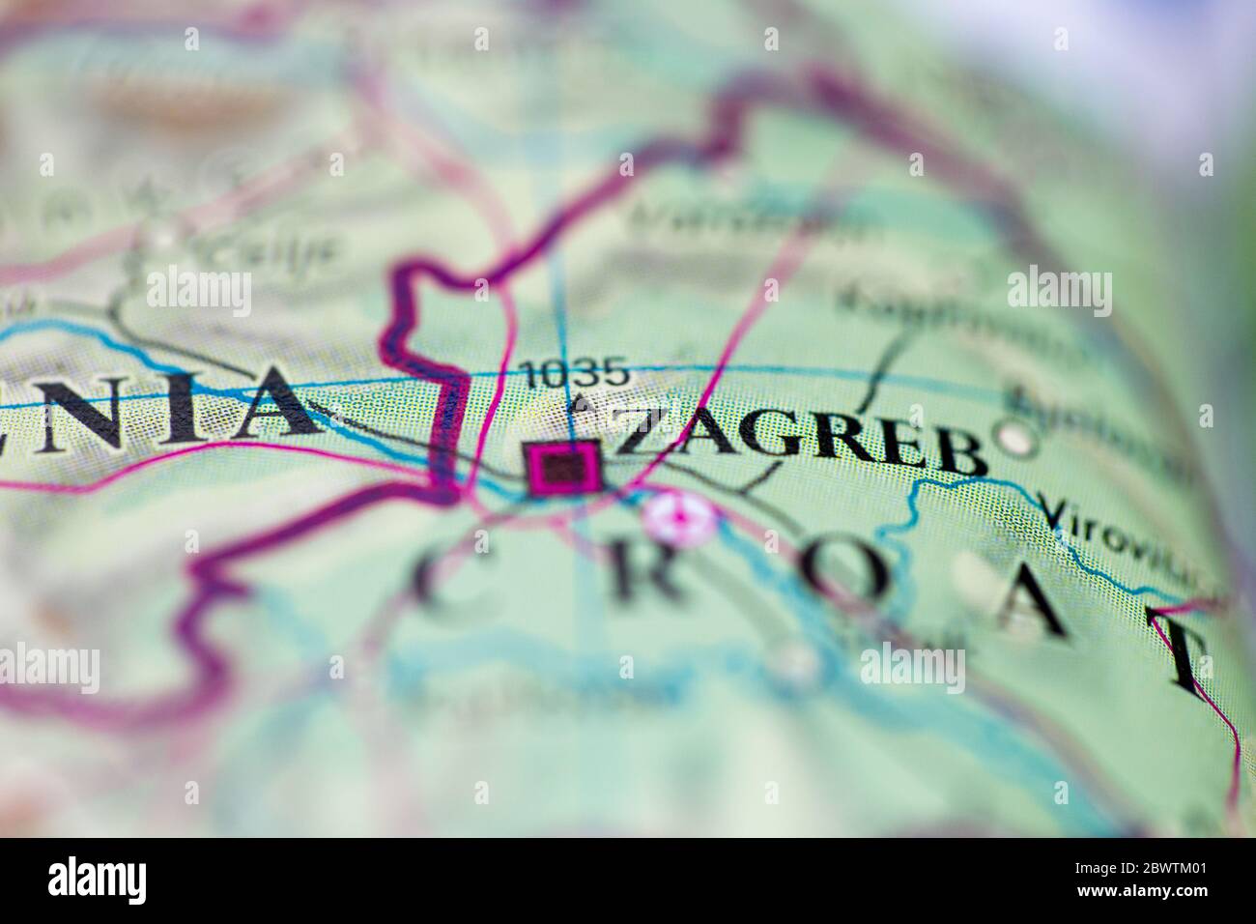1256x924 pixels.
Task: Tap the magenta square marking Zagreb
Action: coord(563,469)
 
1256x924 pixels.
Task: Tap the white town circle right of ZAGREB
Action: coord(1014,439)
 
